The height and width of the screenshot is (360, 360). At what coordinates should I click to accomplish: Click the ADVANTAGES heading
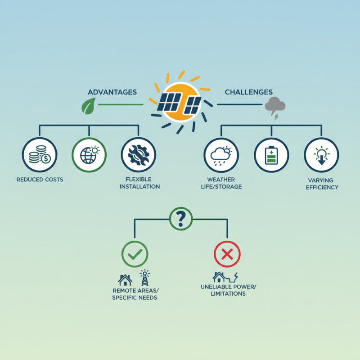click(112, 92)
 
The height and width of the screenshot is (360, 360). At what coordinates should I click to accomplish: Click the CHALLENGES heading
click(249, 92)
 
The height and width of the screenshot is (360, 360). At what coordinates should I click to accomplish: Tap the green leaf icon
click(88, 106)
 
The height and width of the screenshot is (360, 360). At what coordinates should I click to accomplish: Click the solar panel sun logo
click(180, 102)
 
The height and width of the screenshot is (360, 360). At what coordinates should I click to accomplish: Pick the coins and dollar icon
click(40, 155)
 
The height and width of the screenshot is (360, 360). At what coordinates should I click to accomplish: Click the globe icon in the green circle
click(89, 155)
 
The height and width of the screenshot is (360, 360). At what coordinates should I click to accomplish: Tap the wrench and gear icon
click(139, 155)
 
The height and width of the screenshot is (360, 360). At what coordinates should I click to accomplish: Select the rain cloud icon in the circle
click(221, 155)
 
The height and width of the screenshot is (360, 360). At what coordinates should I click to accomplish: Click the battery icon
click(271, 155)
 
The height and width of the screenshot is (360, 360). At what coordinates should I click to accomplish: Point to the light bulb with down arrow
click(321, 155)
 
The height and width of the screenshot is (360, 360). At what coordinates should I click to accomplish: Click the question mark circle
click(181, 219)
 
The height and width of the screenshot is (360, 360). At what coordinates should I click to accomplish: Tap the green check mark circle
click(135, 254)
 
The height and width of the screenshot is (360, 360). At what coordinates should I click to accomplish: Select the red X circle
click(227, 254)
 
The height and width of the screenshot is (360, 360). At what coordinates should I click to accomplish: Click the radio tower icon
click(145, 278)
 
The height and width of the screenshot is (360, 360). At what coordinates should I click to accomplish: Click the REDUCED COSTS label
click(40, 180)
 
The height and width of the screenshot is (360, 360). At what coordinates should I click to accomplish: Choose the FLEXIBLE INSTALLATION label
click(139, 183)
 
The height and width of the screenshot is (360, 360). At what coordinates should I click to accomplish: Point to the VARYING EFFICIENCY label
click(322, 184)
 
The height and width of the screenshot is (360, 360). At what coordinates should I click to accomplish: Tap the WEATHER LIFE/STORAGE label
click(221, 183)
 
